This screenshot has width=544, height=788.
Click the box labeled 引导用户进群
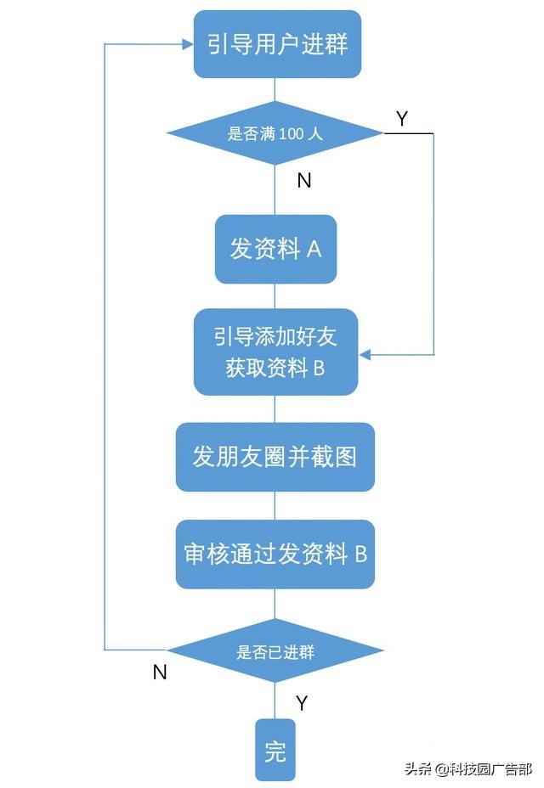coord(277,43)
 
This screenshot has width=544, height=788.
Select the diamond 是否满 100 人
coord(275,133)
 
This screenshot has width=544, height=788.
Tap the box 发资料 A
coord(275,249)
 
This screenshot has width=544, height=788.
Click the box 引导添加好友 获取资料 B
coord(275,352)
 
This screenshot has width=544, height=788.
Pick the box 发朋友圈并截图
coord(275,457)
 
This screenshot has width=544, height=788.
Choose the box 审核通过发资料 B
coord(275,554)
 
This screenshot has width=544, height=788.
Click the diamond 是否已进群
coord(275,651)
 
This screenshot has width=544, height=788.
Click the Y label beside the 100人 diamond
coord(402,119)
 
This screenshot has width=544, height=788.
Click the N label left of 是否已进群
coord(159,672)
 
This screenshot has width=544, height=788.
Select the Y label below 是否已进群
coord(301,703)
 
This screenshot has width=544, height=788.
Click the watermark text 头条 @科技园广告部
coord(467,769)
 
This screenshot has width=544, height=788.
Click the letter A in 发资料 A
coord(313,250)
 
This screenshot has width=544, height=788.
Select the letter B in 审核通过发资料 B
coord(360,554)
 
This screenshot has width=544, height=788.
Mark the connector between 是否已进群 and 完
coord(275,700)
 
